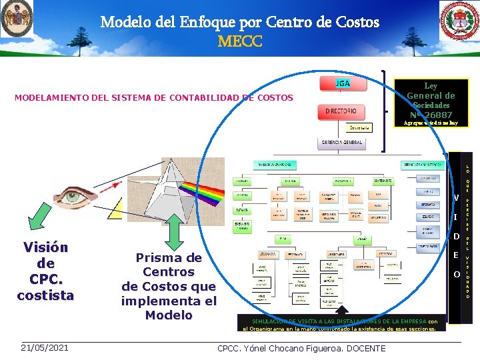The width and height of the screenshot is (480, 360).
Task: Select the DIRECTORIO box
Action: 341,111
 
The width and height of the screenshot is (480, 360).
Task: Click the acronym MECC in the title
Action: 240,42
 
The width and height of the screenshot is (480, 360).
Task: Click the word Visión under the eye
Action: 45,247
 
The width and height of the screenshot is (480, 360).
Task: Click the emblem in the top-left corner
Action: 17,19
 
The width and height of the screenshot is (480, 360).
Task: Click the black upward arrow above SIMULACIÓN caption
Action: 341,311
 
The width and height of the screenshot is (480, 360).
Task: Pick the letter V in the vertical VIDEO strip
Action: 457,197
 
